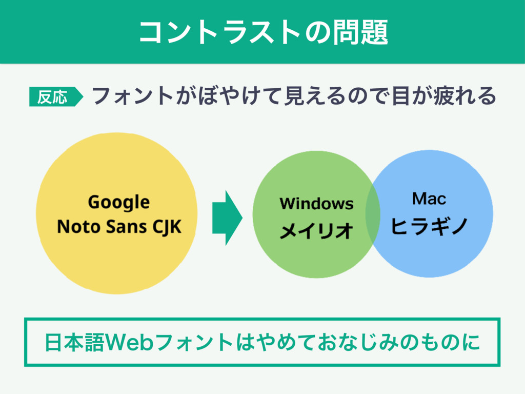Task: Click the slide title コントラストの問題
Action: coord(262,32)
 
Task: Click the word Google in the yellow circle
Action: coord(118,202)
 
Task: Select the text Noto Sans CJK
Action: coord(119,226)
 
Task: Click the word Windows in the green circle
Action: coord(316,204)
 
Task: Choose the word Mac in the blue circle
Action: coord(429,198)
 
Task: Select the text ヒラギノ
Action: coord(429,225)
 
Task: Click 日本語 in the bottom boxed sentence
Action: coord(73,342)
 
